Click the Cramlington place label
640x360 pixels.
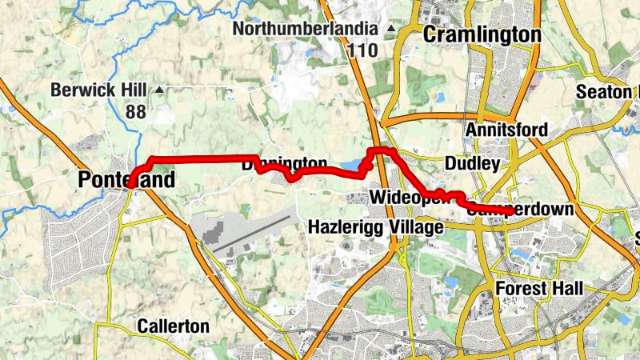[482, 34]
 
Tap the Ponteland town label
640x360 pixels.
[126, 181]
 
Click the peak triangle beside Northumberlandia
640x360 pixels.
[391, 29]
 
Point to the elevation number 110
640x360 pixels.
[362, 50]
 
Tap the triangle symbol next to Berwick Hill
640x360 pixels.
[159, 90]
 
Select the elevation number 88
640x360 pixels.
[135, 111]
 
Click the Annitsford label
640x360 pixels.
[507, 130]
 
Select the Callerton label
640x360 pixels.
[174, 326]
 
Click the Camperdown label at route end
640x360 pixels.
[520, 210]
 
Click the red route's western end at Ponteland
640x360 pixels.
[130, 184]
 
